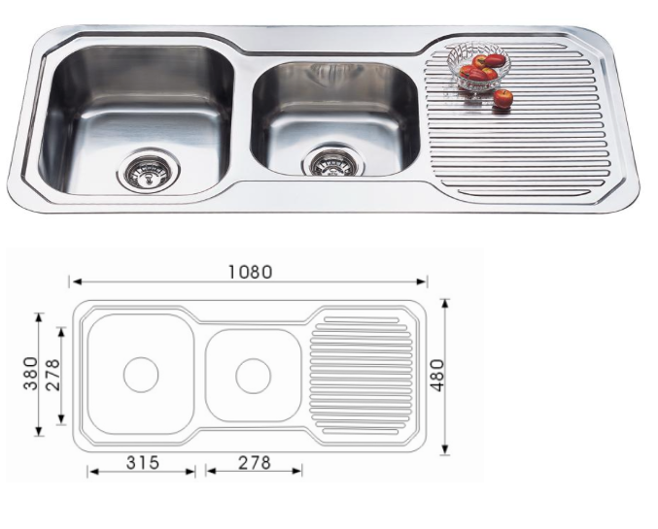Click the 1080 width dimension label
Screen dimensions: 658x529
point(251,272)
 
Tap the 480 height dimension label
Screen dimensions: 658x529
point(437,376)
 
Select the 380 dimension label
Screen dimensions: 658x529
point(30,374)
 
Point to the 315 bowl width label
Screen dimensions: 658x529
point(143,463)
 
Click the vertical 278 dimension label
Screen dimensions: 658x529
point(52,375)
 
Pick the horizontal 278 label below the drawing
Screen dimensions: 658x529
point(255,463)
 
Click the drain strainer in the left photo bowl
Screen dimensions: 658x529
point(148,172)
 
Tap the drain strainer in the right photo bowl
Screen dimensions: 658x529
point(333,162)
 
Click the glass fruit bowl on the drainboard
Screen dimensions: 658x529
point(478,66)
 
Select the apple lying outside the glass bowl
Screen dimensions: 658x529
point(502,98)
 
